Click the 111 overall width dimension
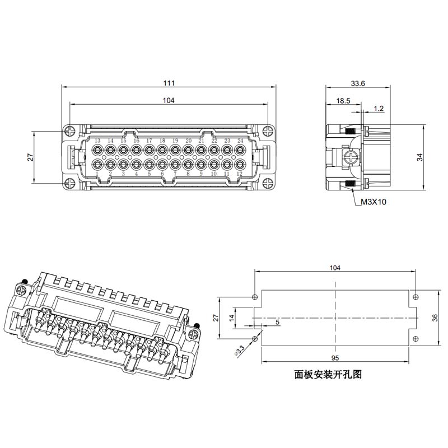coord(169,83)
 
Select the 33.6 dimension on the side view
coord(358,83)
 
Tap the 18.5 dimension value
coord(343,101)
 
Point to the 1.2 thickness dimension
coord(379,109)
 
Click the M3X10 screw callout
coord(374,202)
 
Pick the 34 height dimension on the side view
coord(419,157)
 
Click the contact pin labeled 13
coord(97,150)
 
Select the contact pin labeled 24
coord(240,150)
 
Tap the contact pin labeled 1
coord(97,164)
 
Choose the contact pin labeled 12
coord(240,164)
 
